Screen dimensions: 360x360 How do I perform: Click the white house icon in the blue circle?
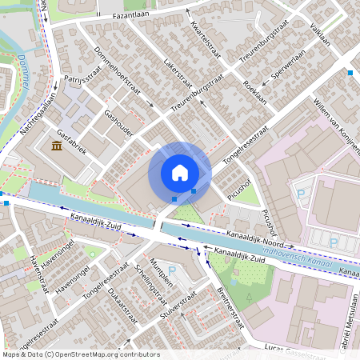click(179, 173)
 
